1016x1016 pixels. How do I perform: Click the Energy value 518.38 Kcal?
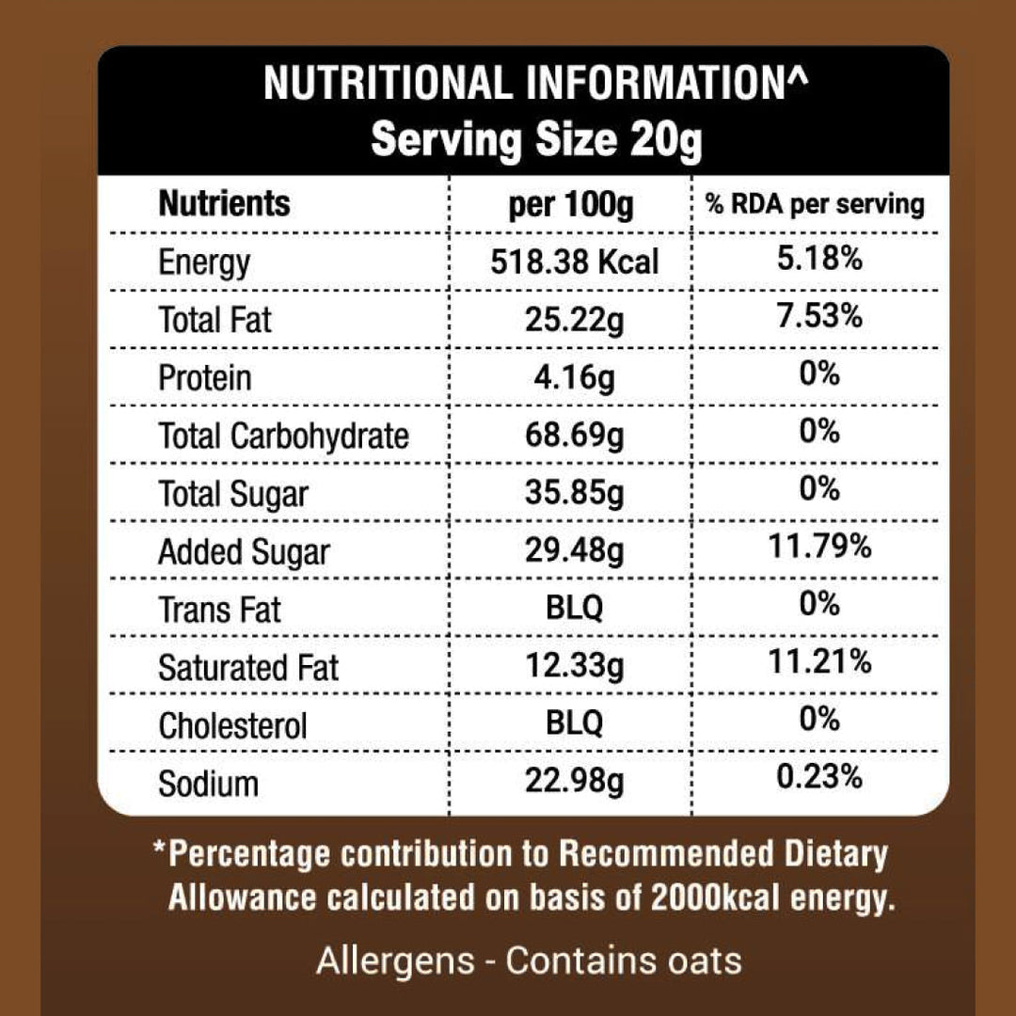pos(574,261)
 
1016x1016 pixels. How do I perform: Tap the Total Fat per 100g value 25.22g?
pos(574,320)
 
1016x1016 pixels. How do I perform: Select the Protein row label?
pos(205,378)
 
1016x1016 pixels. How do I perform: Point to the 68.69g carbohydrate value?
pos(574,436)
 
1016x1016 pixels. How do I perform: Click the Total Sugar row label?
pos(233,494)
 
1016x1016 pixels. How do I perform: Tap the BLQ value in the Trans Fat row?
pos(574,609)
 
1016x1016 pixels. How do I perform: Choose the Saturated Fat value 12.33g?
pos(574,667)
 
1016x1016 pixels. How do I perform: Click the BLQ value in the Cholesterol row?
pos(574,724)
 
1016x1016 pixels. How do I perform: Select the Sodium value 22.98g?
pos(574,783)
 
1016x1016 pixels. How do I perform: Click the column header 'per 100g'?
pos(571,205)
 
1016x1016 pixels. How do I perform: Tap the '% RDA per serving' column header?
pos(815,204)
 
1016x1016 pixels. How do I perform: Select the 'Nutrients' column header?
pos(225,203)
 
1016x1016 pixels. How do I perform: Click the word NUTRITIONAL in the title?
pos(388,84)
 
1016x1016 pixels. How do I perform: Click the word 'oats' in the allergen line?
pos(696,961)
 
